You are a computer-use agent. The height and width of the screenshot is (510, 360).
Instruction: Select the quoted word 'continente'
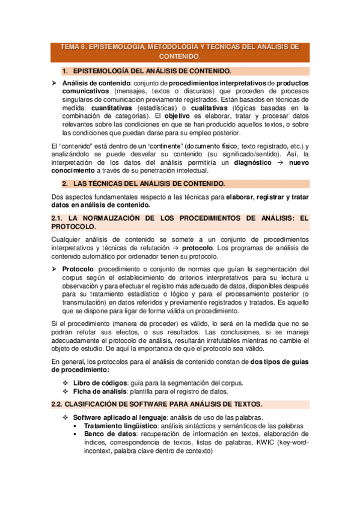(171, 147)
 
